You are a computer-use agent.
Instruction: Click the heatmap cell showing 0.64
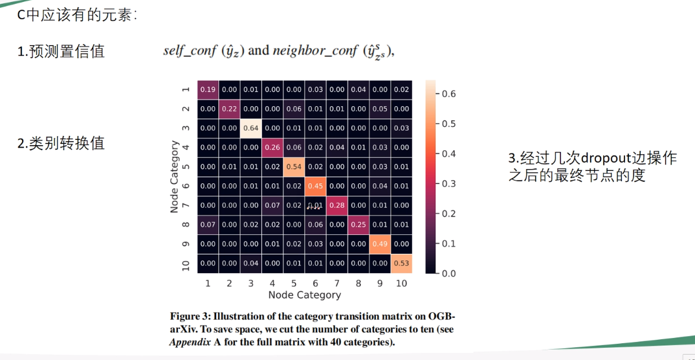pyautogui.click(x=251, y=128)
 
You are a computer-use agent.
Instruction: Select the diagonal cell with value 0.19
pyautogui.click(x=208, y=89)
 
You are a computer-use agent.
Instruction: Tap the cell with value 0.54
pyautogui.click(x=294, y=167)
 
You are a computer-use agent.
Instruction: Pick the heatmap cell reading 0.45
pyautogui.click(x=315, y=186)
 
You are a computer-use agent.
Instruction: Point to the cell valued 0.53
pyautogui.click(x=401, y=263)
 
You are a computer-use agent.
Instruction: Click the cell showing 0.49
pyautogui.click(x=380, y=243)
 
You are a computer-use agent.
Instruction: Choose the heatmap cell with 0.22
pyautogui.click(x=229, y=109)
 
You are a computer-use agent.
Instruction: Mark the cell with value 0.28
pyautogui.click(x=336, y=205)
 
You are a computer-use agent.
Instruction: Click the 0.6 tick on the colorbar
pyautogui.click(x=449, y=94)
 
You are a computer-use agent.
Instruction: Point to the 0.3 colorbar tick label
pyautogui.click(x=449, y=184)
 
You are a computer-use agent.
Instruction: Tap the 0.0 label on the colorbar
pyautogui.click(x=449, y=274)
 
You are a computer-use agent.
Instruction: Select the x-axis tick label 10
pyautogui.click(x=401, y=283)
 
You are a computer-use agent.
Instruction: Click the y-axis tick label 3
pyautogui.click(x=186, y=128)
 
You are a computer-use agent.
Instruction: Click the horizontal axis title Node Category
pyautogui.click(x=304, y=295)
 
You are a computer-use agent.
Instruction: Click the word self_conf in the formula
pyautogui.click(x=190, y=51)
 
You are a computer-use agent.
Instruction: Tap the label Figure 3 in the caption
pyautogui.click(x=190, y=317)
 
